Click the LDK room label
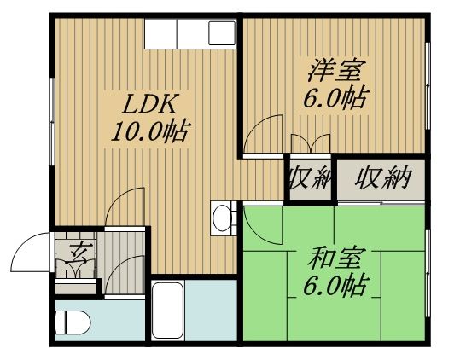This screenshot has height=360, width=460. (x=150, y=104)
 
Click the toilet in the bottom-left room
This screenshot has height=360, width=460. (x=73, y=322)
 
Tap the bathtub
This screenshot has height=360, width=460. (x=168, y=311)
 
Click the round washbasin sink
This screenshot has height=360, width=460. (x=222, y=218)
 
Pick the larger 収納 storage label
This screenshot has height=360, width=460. (x=382, y=177)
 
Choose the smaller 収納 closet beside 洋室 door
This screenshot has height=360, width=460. (x=311, y=177)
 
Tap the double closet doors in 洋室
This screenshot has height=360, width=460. (x=311, y=143)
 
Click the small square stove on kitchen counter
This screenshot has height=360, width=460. (x=222, y=33)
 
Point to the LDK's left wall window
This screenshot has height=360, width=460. (x=52, y=122)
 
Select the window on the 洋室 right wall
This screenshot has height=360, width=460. (x=428, y=85)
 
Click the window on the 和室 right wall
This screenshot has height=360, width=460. (x=428, y=273)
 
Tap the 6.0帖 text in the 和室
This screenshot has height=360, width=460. (x=335, y=285)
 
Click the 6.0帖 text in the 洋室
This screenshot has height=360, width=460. (x=335, y=97)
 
